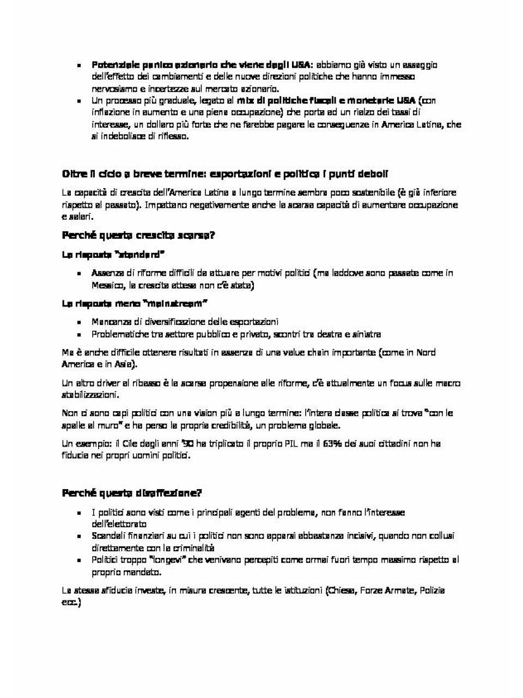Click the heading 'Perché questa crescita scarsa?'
pyautogui.click(x=138, y=236)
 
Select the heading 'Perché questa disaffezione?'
pyautogui.click(x=132, y=493)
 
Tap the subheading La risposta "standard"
pyautogui.click(x=113, y=255)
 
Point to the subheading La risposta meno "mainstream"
pyautogui.click(x=135, y=304)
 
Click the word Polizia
pyautogui.click(x=432, y=591)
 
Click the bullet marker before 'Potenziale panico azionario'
pyautogui.click(x=79, y=65)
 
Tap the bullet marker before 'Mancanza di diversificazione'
pyautogui.click(x=79, y=322)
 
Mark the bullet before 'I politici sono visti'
pyautogui.click(x=79, y=513)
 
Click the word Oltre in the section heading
pyautogui.click(x=75, y=174)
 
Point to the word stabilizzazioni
pyautogui.click(x=90, y=395)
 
